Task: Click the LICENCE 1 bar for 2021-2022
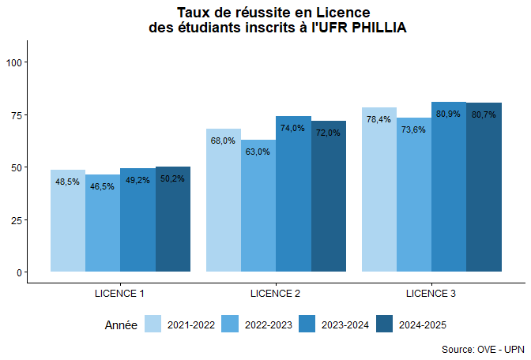pos(68,225)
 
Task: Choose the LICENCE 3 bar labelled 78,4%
pos(379,193)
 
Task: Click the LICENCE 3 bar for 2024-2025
pos(484,193)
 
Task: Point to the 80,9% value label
pos(448,114)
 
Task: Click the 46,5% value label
pos(103,187)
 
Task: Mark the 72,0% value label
pos(328,133)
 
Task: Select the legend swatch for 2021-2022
pos(153,324)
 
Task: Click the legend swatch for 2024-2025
pos(385,324)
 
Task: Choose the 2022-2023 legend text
pos(269,324)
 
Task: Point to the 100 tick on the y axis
pos(15,62)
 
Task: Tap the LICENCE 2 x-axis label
pos(275,294)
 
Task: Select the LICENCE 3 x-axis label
pos(431,294)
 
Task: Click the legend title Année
pos(121,324)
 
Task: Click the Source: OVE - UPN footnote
pos(482,348)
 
